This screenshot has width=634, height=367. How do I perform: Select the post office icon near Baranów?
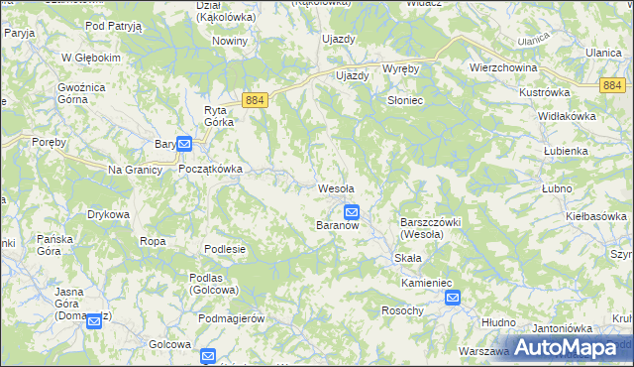(352, 211)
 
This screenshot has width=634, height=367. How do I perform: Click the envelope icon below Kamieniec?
(453, 297)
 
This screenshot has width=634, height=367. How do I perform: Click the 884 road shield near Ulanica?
(612, 85)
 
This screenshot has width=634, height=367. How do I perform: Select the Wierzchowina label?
(502, 67)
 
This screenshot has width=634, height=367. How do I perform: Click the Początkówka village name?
(210, 169)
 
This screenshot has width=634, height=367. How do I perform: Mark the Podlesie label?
(225, 249)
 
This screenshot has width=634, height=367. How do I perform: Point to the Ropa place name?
(153, 241)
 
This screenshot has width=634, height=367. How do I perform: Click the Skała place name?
(408, 258)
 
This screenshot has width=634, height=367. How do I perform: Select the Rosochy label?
(402, 310)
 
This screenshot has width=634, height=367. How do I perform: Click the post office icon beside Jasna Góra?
(94, 320)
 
